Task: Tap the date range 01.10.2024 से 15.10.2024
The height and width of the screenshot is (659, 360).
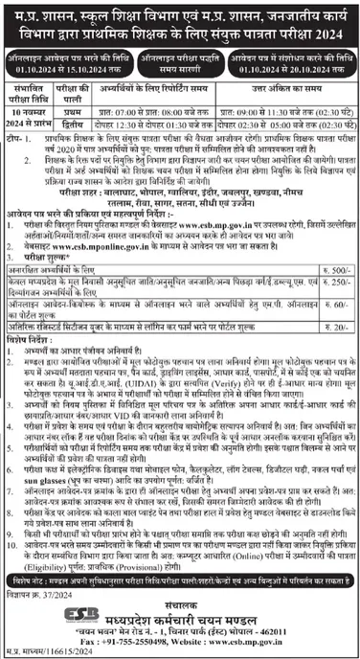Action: (x=59, y=68)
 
